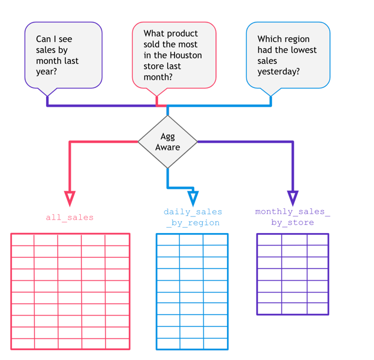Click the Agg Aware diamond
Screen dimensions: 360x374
tap(168, 142)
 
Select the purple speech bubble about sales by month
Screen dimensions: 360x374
tap(63, 55)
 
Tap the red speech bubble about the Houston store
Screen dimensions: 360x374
tap(174, 55)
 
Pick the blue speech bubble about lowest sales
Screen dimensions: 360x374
tap(287, 55)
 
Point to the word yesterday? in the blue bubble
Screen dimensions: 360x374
tap(278, 71)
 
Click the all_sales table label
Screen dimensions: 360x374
tap(70, 218)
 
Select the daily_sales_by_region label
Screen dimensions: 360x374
tap(192, 217)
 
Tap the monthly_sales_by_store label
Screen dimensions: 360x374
tap(293, 217)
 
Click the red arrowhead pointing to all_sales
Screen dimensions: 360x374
tap(70, 198)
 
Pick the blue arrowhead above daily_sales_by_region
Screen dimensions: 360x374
tap(192, 198)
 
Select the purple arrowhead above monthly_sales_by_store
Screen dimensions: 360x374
tap(293, 198)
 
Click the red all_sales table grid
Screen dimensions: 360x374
tap(70, 292)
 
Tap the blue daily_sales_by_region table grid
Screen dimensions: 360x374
tap(192, 292)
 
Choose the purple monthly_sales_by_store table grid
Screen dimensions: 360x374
tap(293, 274)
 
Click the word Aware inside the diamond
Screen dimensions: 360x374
tap(168, 147)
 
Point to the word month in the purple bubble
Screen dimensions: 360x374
tap(48, 61)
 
